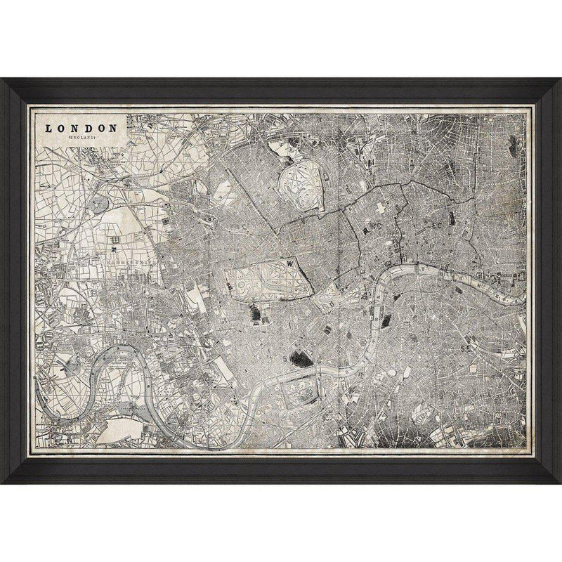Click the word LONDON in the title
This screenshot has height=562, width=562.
coord(81,129)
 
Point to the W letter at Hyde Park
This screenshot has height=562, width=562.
coord(289,262)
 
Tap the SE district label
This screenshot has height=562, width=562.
coord(465,346)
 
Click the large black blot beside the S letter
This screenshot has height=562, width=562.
coord(299,359)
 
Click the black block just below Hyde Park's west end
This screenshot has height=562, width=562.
coord(252,314)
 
